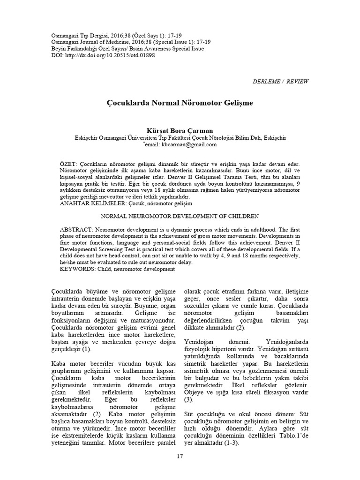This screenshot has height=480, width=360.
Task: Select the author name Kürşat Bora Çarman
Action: (x=180, y=131)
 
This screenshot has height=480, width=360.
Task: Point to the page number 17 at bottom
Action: (x=180, y=456)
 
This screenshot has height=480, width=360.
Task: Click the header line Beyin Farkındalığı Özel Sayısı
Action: (x=120, y=48)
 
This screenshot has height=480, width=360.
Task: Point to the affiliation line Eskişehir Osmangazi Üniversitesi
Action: (x=180, y=138)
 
